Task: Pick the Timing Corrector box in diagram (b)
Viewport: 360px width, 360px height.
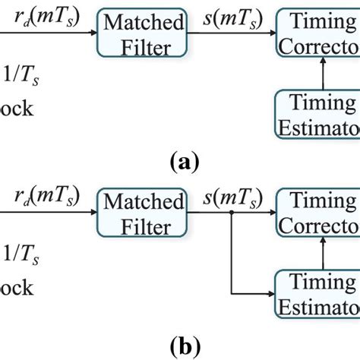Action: pos(319,213)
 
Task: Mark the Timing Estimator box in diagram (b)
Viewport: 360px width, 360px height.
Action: pos(319,292)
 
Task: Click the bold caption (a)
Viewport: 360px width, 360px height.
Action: pos(184,162)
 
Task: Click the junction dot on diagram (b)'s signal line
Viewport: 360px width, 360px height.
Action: pos(229,213)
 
